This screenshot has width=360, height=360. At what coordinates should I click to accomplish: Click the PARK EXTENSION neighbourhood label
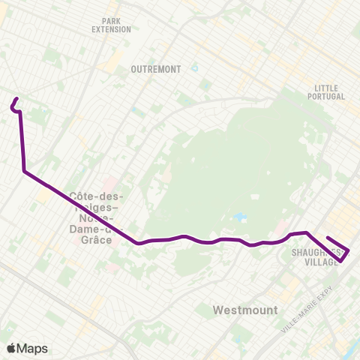(x=111, y=25)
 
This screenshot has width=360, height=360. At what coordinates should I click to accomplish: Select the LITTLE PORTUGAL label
(x=326, y=92)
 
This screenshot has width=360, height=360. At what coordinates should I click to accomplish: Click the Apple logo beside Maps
(x=10, y=348)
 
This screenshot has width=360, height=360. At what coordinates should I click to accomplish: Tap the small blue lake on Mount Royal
(x=239, y=217)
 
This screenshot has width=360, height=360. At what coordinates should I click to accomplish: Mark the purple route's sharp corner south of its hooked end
(x=25, y=171)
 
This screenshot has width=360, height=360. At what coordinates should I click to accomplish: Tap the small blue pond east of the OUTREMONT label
(x=194, y=67)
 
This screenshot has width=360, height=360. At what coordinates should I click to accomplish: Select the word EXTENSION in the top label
(x=111, y=30)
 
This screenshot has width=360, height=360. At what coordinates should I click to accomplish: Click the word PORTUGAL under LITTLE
(x=326, y=97)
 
